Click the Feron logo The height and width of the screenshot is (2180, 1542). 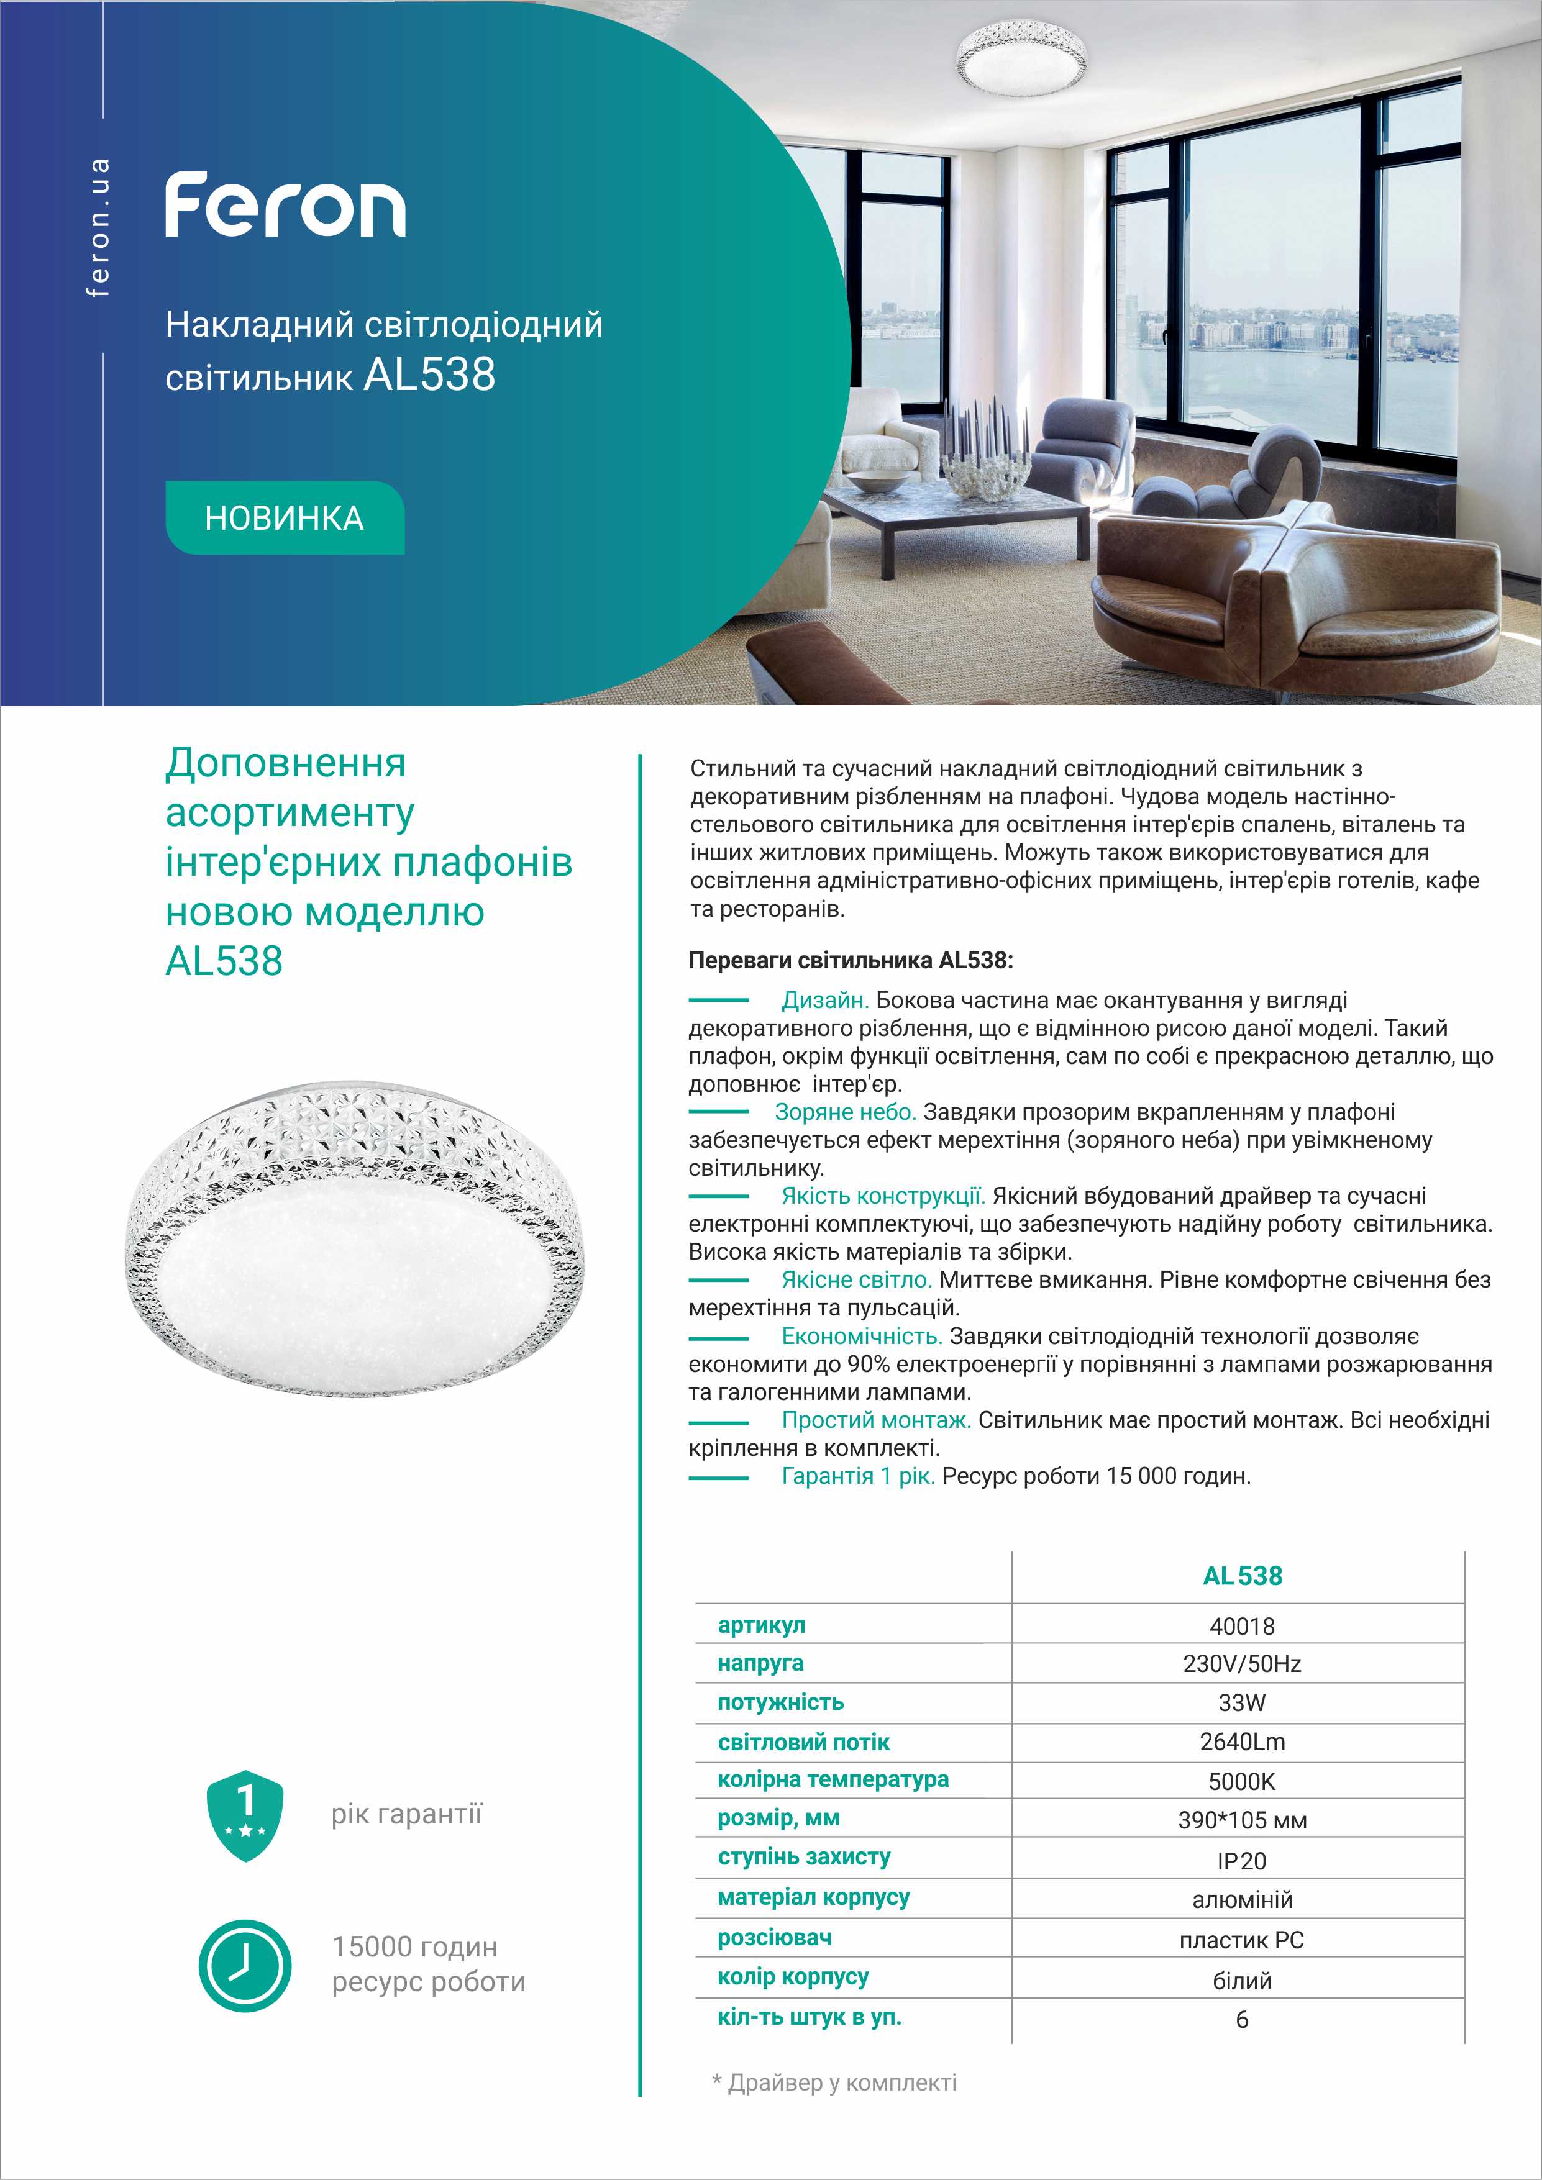coord(285,204)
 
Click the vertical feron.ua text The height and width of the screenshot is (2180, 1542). coord(98,228)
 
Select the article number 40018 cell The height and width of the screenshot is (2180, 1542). coord(1241,1627)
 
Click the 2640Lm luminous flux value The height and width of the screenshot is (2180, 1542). coord(1241,1742)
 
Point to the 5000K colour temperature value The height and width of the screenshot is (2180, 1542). coord(1241,1781)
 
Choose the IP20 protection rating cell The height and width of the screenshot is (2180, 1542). coord(1241,1861)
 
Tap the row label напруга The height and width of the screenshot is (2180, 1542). coord(760,1663)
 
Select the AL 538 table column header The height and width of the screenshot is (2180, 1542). coord(1242,1576)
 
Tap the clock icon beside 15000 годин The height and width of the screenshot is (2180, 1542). coord(245,1964)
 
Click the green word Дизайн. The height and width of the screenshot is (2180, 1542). coord(825,1001)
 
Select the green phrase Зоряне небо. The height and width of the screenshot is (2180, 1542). coord(845,1112)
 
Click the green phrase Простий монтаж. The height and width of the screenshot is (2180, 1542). coord(875,1420)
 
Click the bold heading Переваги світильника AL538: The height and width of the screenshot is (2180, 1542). coord(851,960)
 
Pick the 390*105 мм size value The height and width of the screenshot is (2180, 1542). coord(1242,1821)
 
